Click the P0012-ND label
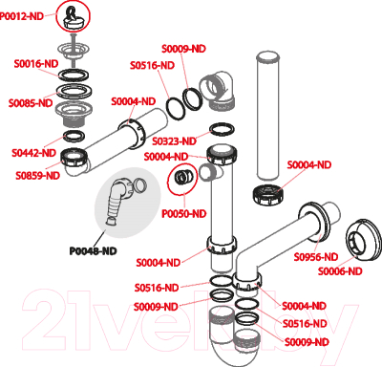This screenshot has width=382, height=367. tap(22, 16)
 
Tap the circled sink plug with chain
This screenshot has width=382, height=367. tap(73, 16)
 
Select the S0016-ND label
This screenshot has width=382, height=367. tap(36, 64)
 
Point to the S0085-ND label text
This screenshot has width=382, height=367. tap(31, 103)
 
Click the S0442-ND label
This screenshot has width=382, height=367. tap(33, 153)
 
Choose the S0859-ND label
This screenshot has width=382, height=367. tap(38, 176)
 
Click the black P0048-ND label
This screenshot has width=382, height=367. tap(93, 251)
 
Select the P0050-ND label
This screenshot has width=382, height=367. tap(184, 214)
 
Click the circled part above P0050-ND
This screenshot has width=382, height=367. tap(182, 179)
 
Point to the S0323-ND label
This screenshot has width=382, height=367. tap(174, 141)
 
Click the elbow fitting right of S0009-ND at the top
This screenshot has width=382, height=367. tap(218, 90)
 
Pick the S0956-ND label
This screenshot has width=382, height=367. tap(316, 257)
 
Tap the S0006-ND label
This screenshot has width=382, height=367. tap(340, 271)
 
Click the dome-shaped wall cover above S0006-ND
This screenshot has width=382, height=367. tap(363, 240)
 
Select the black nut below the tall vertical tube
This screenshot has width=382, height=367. tap(268, 193)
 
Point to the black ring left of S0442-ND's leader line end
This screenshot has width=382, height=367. tap(74, 137)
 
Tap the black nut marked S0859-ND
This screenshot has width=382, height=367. tap(74, 157)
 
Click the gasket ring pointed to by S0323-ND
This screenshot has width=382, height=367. tap(223, 129)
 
